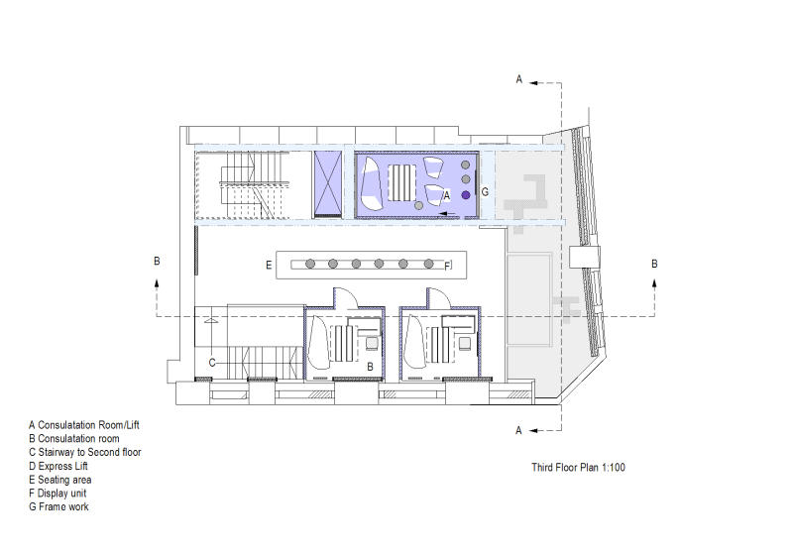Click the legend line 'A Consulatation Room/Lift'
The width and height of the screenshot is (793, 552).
coord(84,425)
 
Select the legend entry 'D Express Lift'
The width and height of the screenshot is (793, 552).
coord(58,466)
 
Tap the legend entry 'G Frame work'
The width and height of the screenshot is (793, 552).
coord(58,506)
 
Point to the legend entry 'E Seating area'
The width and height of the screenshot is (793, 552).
coord(60,480)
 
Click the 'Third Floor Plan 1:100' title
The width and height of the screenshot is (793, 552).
coord(578,467)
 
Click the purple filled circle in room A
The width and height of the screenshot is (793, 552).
coord(466,195)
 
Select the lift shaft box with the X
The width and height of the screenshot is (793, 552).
coord(328,184)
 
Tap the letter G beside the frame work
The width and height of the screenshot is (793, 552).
coord(485,192)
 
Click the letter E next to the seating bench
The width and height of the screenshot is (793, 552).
coord(269,265)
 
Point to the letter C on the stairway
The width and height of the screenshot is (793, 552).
coord(212,363)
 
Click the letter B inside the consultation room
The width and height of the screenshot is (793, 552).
coord(370,367)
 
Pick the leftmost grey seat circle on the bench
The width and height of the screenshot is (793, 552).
coord(310,264)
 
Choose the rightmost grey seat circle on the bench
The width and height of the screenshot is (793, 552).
coord(429,264)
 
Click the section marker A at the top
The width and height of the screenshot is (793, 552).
coord(518,79)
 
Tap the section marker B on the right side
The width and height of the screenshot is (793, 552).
coord(654,264)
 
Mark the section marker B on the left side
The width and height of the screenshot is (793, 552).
coord(157,262)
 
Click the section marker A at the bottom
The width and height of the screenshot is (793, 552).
coord(518,431)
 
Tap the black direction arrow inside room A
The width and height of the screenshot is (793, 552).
coord(449,214)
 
